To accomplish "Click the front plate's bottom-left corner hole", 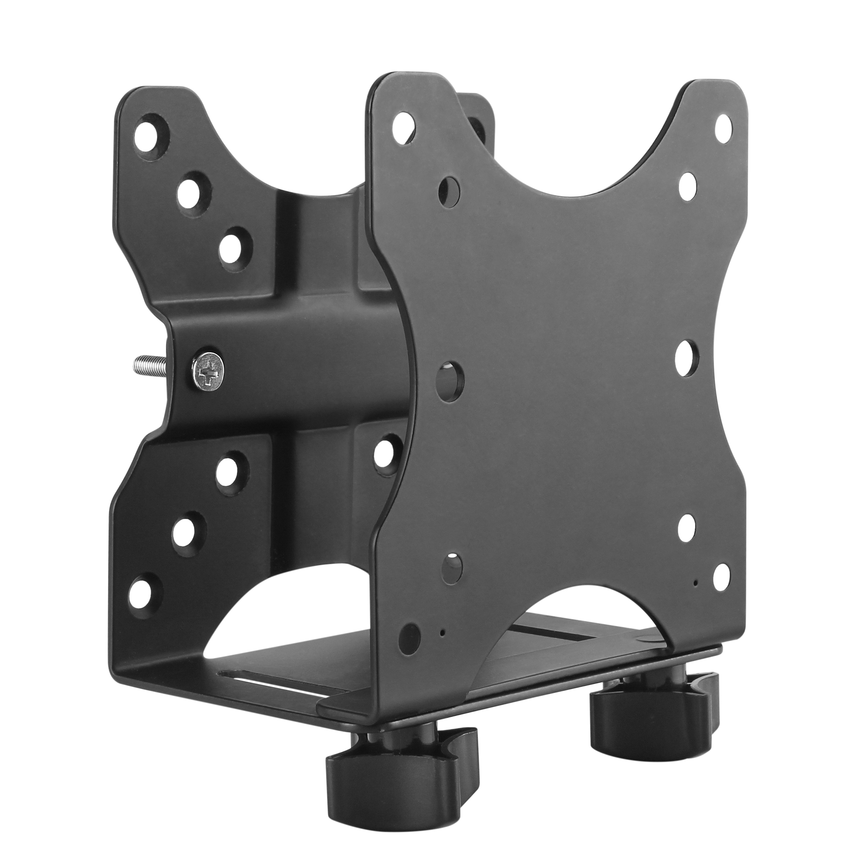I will pos(409,650).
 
